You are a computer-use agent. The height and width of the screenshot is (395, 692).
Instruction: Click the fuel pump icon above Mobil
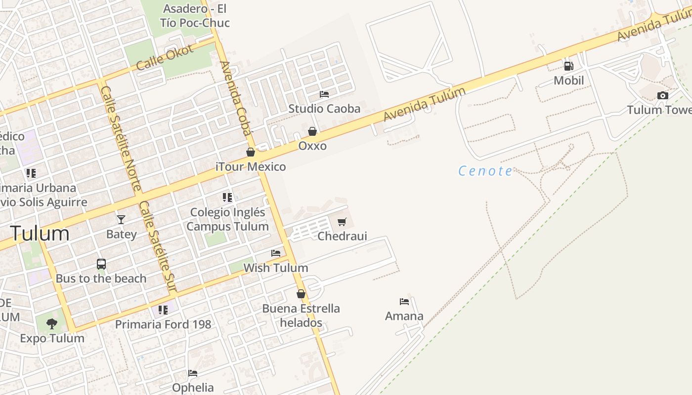pyautogui.click(x=568, y=66)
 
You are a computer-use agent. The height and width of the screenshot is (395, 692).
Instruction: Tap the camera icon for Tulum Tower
pyautogui.click(x=662, y=95)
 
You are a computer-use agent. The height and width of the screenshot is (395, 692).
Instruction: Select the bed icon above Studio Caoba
pyautogui.click(x=324, y=94)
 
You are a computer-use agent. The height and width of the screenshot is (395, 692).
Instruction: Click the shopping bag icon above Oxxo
pyautogui.click(x=312, y=131)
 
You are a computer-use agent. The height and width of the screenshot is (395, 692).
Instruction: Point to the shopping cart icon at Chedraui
pyautogui.click(x=342, y=222)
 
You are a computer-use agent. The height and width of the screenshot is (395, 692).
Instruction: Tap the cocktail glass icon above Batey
pyautogui.click(x=121, y=219)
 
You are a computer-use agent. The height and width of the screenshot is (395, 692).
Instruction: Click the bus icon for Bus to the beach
pyautogui.click(x=101, y=264)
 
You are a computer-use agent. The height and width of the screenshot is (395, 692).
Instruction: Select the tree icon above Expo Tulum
pyautogui.click(x=52, y=324)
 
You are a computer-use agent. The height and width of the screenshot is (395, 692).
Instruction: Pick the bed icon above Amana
pyautogui.click(x=404, y=301)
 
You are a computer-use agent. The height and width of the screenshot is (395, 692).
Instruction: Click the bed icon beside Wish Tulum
pyautogui.click(x=276, y=253)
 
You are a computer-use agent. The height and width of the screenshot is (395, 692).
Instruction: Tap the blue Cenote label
pyautogui.click(x=485, y=171)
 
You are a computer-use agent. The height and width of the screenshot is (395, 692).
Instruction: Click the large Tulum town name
pyautogui.click(x=40, y=233)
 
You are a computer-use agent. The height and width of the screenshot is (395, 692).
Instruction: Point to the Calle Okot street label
pyautogui.click(x=165, y=58)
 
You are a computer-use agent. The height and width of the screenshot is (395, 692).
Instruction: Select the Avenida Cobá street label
pyautogui.click(x=236, y=98)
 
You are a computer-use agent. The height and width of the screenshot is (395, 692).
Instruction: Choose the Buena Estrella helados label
pyautogui.click(x=301, y=316)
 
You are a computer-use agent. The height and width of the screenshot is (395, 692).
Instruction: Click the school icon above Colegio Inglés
pyautogui.click(x=227, y=197)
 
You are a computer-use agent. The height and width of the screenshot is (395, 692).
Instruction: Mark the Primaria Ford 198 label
pyautogui.click(x=163, y=324)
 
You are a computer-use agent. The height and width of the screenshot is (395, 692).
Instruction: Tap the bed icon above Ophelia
pyautogui.click(x=193, y=373)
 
